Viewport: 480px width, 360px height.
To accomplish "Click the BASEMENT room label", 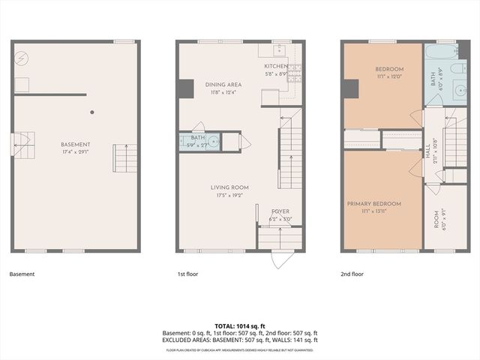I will [76, 144].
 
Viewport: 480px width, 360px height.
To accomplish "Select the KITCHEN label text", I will [276, 66].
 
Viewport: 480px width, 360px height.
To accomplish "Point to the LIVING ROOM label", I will [229, 187].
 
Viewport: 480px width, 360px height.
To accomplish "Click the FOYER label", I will [280, 211].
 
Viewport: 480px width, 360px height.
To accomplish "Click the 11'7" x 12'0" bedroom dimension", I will [389, 76].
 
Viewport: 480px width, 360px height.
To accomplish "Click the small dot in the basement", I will [92, 113].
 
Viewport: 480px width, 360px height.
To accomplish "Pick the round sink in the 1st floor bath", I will [214, 140].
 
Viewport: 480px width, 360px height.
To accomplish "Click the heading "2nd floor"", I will [352, 274].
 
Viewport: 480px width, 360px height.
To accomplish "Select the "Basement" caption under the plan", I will [22, 274].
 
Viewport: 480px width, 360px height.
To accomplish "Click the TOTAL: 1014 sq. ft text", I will [240, 325].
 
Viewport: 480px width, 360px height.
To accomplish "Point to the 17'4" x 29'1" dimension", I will [76, 151].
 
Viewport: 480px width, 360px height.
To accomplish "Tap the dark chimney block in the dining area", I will [185, 88].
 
